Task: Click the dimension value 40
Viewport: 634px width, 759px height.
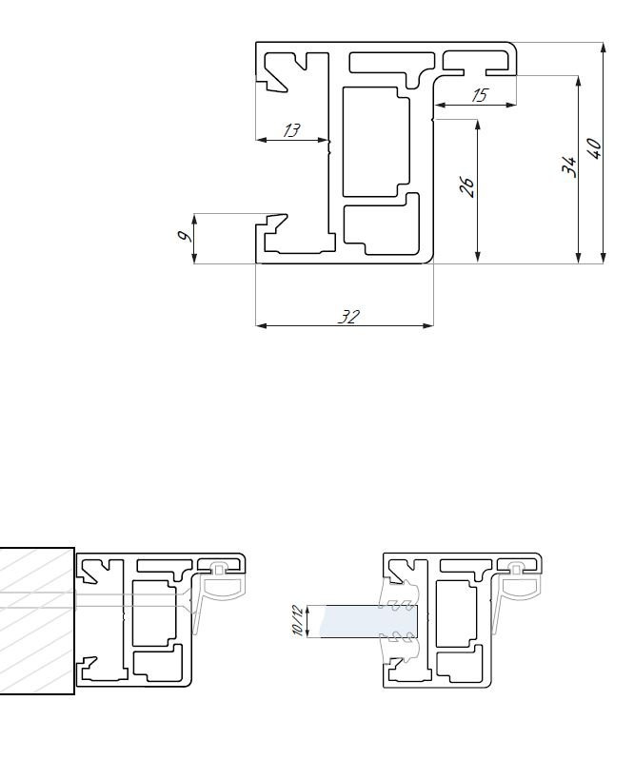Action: pos(595,147)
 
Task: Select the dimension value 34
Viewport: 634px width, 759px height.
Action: pos(569,166)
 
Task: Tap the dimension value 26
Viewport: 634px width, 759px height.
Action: pos(466,186)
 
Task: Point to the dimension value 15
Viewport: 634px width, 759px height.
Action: pos(480,95)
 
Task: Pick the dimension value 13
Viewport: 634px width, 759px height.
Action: pos(291,129)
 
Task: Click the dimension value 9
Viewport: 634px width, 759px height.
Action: pos(183,236)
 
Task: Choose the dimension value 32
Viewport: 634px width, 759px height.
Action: pos(348,317)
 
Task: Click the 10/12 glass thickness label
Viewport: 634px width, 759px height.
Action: pos(297,620)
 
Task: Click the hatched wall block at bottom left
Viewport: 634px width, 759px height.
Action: pos(37,621)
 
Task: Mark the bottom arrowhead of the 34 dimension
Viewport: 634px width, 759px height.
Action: pos(578,258)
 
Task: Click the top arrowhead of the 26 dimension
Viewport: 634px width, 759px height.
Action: pos(478,125)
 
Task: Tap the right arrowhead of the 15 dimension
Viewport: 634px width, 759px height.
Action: pos(511,104)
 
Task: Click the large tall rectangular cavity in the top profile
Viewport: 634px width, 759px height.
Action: pos(376,142)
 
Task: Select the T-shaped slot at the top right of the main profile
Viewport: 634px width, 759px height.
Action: pos(476,64)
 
